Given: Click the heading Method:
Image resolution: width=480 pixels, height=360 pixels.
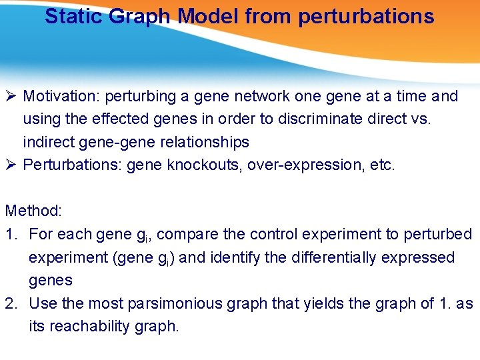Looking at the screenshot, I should click(x=33, y=211).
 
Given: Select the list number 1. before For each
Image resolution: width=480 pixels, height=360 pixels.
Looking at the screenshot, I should click(x=13, y=235).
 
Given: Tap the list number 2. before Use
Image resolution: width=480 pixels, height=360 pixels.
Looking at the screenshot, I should click(x=13, y=303).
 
